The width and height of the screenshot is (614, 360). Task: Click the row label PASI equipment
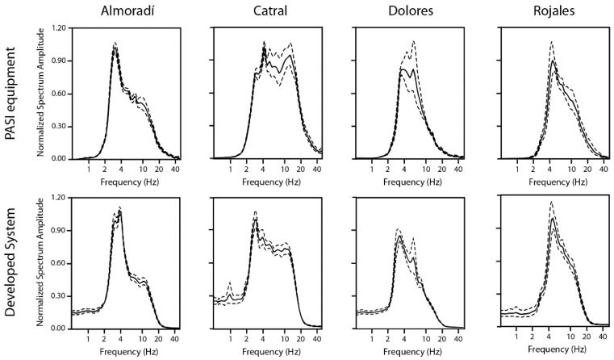point(11,93)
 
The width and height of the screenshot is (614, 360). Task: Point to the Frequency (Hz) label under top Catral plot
point(267,182)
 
